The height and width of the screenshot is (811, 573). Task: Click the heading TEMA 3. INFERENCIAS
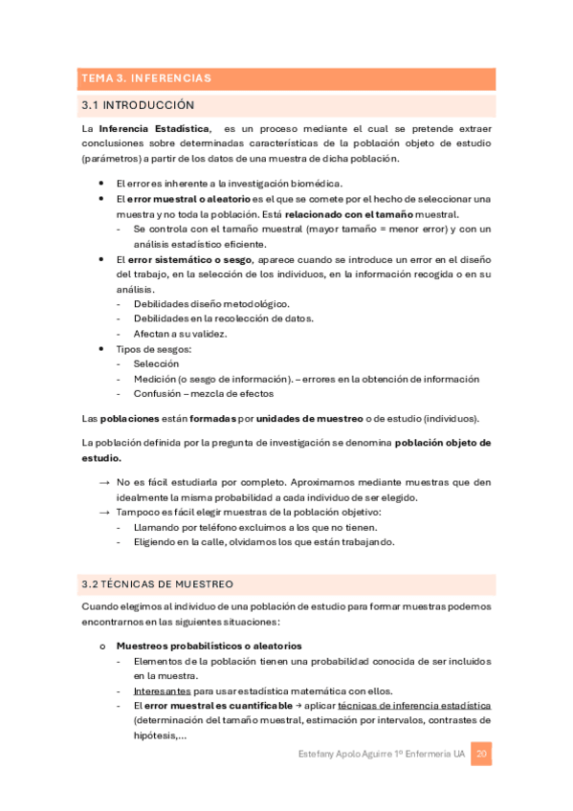(x=146, y=78)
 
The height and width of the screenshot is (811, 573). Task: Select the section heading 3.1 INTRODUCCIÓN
(x=139, y=104)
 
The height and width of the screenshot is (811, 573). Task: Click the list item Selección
(x=156, y=364)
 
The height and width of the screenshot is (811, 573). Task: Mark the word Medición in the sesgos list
(x=158, y=379)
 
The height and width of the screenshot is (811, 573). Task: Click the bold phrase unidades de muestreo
(x=311, y=419)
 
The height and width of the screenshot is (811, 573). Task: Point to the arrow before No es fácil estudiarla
(x=103, y=484)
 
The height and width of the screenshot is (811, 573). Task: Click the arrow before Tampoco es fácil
(x=103, y=513)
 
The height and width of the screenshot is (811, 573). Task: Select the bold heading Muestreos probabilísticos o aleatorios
(x=209, y=646)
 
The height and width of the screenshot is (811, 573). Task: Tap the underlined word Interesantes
(x=161, y=690)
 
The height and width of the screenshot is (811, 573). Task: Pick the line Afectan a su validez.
(x=179, y=334)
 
